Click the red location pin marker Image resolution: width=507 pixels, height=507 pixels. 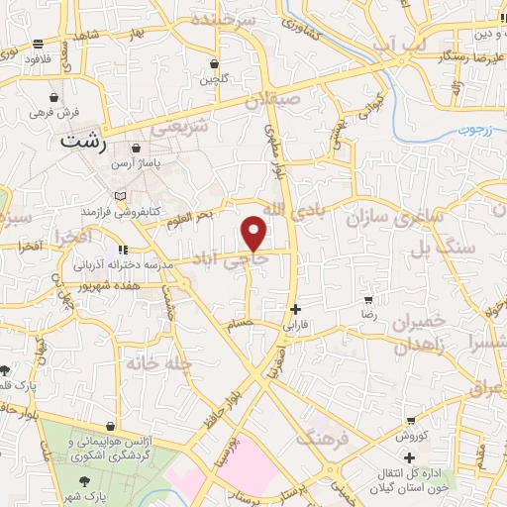(x=255, y=234)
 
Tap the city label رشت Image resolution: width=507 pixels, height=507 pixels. (x=83, y=141)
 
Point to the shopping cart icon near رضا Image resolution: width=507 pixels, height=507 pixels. (x=368, y=299)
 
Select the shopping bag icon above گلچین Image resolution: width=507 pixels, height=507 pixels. (x=213, y=64)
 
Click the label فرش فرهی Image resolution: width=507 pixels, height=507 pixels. (x=53, y=113)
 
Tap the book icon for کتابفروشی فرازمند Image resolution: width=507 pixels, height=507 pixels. (x=120, y=195)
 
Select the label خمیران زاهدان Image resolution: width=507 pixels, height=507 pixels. (x=427, y=335)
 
